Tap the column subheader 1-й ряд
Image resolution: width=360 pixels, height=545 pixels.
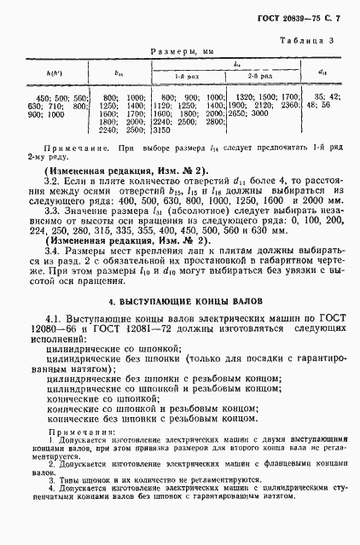point(161,76)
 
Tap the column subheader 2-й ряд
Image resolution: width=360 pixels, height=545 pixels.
point(262,76)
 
